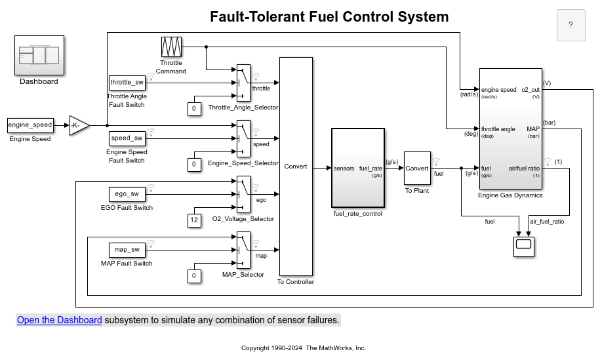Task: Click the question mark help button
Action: (x=570, y=25)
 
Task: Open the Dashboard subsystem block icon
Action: (x=39, y=55)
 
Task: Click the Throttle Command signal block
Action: (x=171, y=47)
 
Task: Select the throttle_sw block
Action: (x=127, y=83)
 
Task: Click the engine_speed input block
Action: (x=30, y=125)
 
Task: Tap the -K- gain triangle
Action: (x=78, y=125)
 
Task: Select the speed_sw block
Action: (x=127, y=138)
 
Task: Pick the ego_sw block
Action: (x=127, y=194)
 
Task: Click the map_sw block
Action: (x=127, y=250)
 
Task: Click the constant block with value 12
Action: (x=193, y=220)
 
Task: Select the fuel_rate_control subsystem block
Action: (x=358, y=167)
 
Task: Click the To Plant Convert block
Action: (x=417, y=168)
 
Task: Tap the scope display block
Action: (x=524, y=245)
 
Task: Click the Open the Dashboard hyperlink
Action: (x=59, y=320)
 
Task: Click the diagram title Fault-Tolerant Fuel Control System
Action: (x=329, y=17)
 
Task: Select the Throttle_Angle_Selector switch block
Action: (x=243, y=82)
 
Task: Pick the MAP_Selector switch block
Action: (x=243, y=249)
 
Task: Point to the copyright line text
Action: (x=304, y=348)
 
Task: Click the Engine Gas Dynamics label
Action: (x=511, y=195)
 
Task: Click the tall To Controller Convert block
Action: (x=296, y=167)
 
